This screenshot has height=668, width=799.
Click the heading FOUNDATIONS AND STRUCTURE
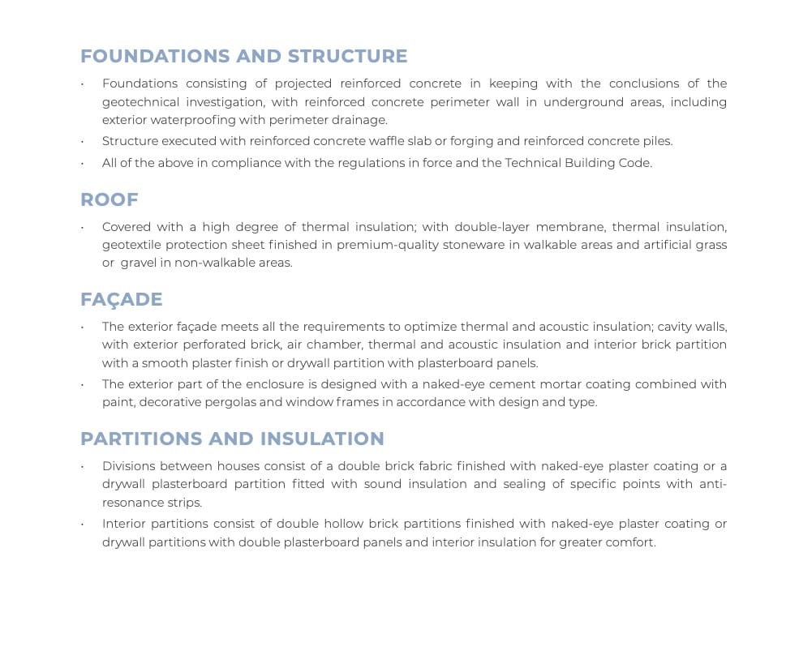pyautogui.click(x=243, y=56)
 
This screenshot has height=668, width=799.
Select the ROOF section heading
pyautogui.click(x=109, y=199)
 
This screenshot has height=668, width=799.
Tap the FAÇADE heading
pyautogui.click(x=121, y=299)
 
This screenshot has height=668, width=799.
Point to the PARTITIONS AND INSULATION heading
pyautogui.click(x=232, y=439)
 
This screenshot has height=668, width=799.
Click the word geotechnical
pyautogui.click(x=139, y=102)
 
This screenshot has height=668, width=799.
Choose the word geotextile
pyautogui.click(x=131, y=245)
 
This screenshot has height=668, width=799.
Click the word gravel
pyautogui.click(x=139, y=263)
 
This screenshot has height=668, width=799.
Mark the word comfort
pyautogui.click(x=629, y=542)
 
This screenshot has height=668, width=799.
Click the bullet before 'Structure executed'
pyautogui.click(x=81, y=142)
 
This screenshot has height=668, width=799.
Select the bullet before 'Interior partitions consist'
pyautogui.click(x=81, y=525)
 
